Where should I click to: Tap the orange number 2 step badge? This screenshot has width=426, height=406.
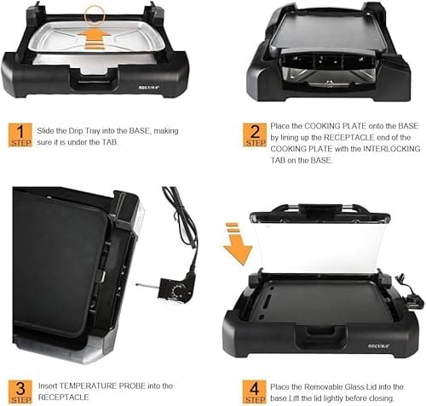255,134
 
